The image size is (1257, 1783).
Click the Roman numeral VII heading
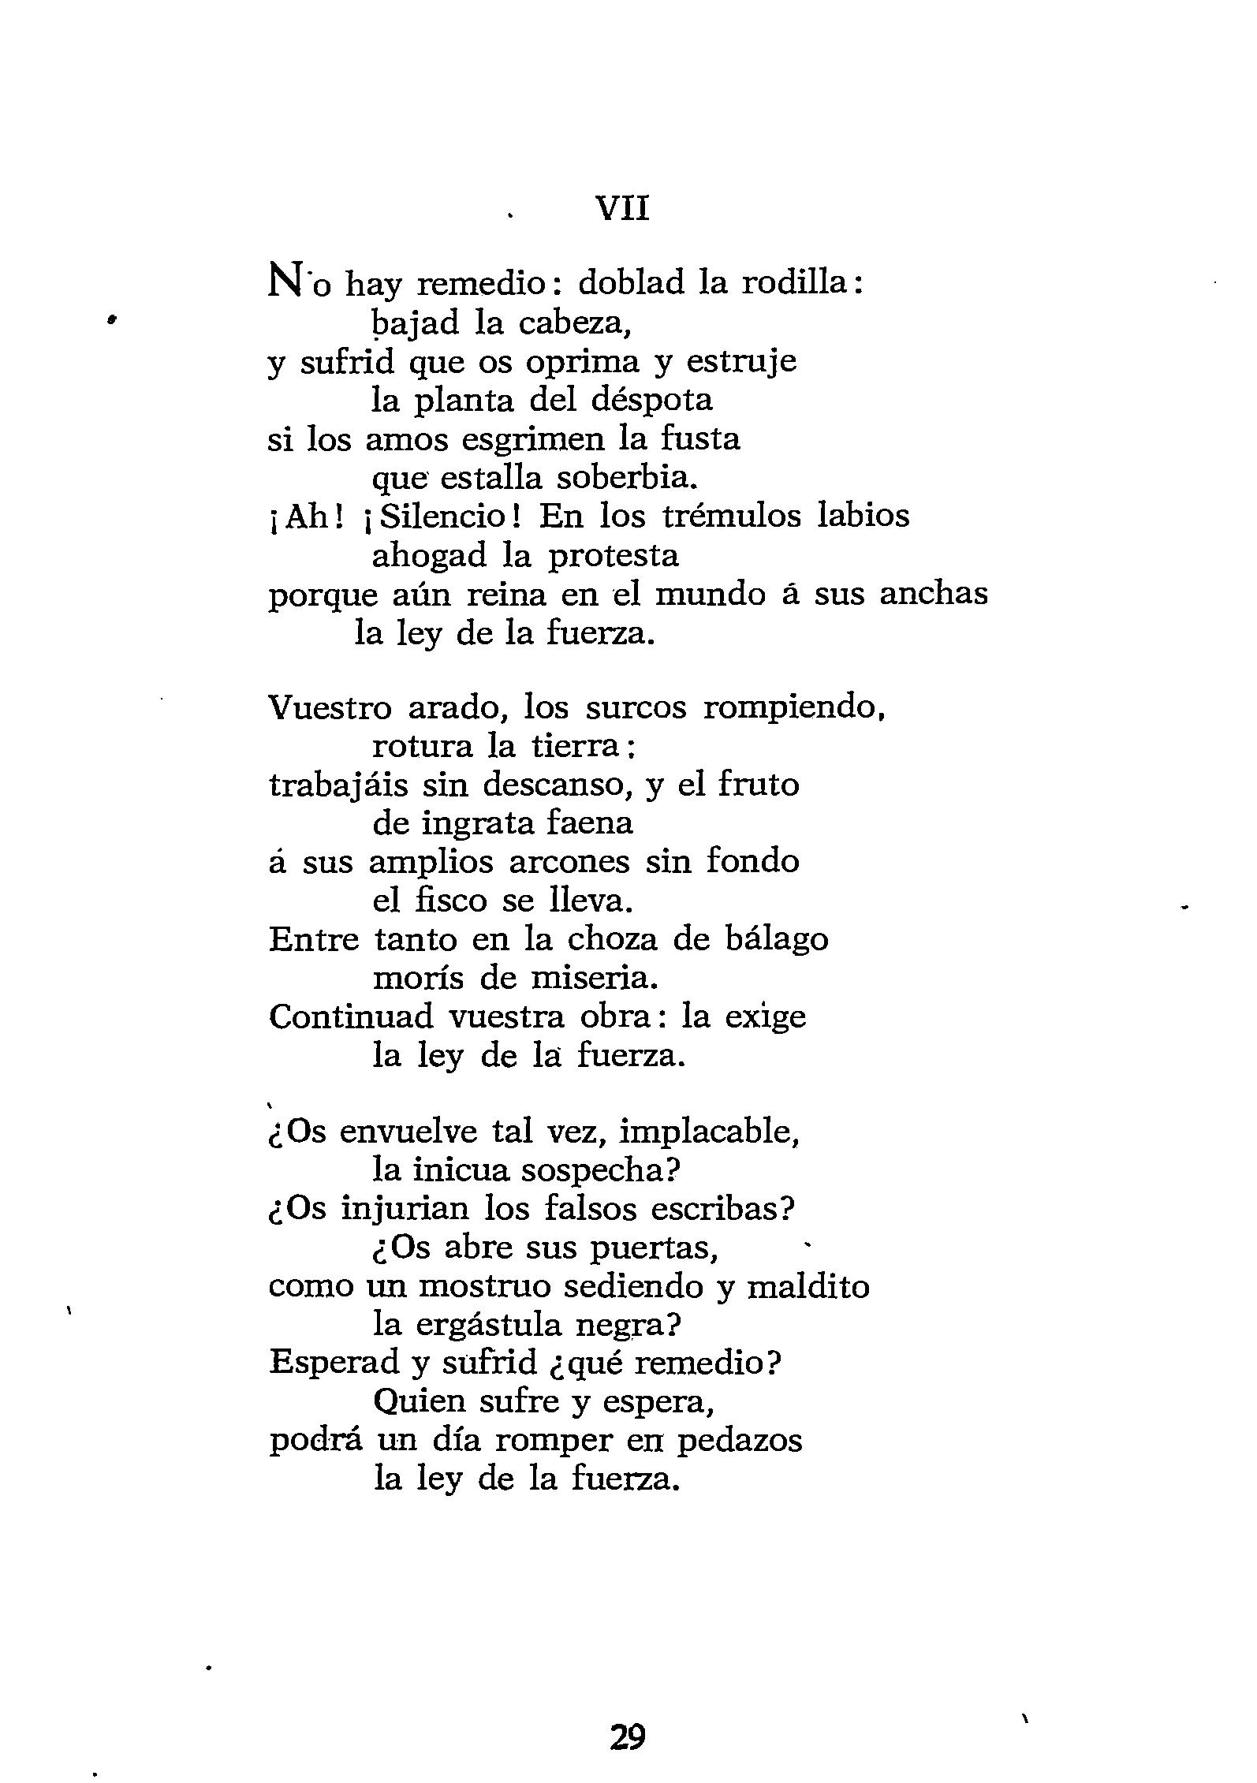click(x=623, y=210)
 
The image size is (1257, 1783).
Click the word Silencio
click(x=444, y=517)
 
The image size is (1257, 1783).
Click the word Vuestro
click(x=330, y=707)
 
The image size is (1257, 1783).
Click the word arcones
click(x=569, y=861)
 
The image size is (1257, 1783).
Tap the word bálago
click(x=771, y=939)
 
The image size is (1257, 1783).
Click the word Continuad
click(x=351, y=1016)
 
